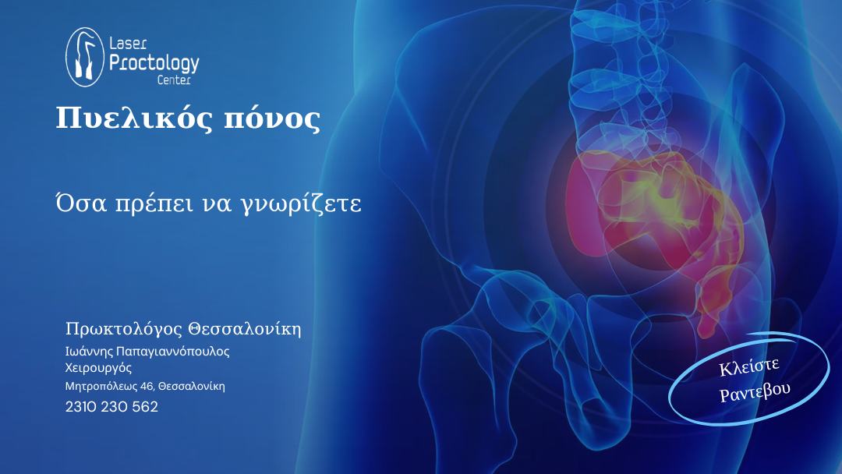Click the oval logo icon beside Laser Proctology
click(85, 57)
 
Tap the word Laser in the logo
click(128, 43)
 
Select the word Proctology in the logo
click(154, 64)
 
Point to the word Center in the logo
click(174, 80)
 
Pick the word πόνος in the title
click(272, 120)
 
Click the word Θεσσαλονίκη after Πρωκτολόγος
click(245, 328)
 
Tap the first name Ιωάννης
click(89, 352)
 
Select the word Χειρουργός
click(98, 368)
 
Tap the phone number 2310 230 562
click(111, 407)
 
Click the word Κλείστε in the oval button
click(749, 366)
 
